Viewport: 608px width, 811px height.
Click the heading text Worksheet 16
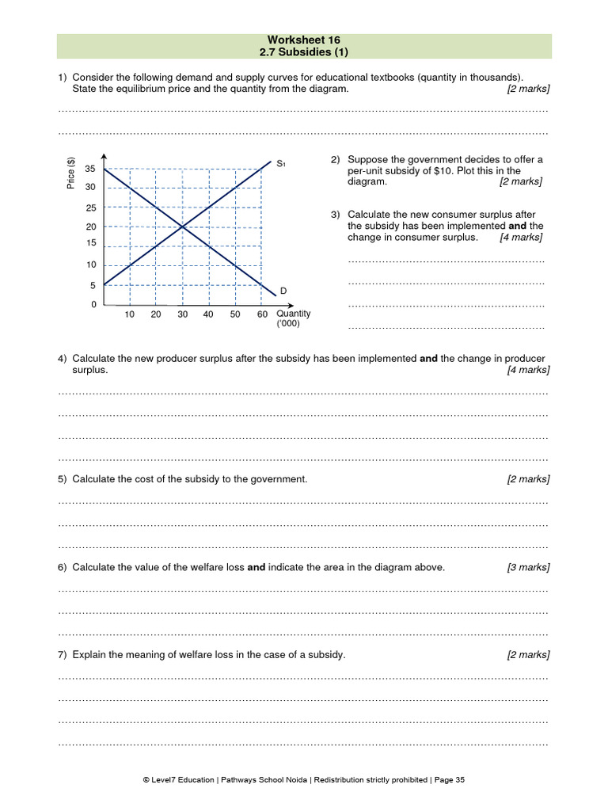pyautogui.click(x=304, y=40)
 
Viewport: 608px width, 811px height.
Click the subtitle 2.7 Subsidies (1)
pyautogui.click(x=304, y=52)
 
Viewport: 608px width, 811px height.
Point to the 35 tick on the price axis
pyautogui.click(x=90, y=169)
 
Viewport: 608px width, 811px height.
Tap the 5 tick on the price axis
pyautogui.click(x=93, y=286)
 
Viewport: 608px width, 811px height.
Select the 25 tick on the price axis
pyautogui.click(x=90, y=208)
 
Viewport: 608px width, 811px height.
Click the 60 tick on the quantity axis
pyautogui.click(x=261, y=314)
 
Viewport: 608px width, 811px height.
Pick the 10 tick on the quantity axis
pyautogui.click(x=130, y=314)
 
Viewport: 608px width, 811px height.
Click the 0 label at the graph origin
pyautogui.click(x=93, y=305)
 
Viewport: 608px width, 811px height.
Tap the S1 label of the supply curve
pyautogui.click(x=280, y=164)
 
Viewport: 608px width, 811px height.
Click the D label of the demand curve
pyautogui.click(x=283, y=291)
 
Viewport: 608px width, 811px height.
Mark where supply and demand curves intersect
pyautogui.click(x=183, y=227)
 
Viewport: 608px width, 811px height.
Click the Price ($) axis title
pyautogui.click(x=71, y=173)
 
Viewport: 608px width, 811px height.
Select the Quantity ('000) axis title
pyautogui.click(x=293, y=318)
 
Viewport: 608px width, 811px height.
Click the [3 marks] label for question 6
pyautogui.click(x=528, y=568)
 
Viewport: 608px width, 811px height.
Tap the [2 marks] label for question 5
pyautogui.click(x=528, y=479)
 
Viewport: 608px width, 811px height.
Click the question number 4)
pyautogui.click(x=63, y=359)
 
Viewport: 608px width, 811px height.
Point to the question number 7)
pyautogui.click(x=63, y=655)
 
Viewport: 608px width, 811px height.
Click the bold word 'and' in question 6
pyautogui.click(x=256, y=568)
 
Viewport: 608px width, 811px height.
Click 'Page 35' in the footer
pyautogui.click(x=450, y=780)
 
